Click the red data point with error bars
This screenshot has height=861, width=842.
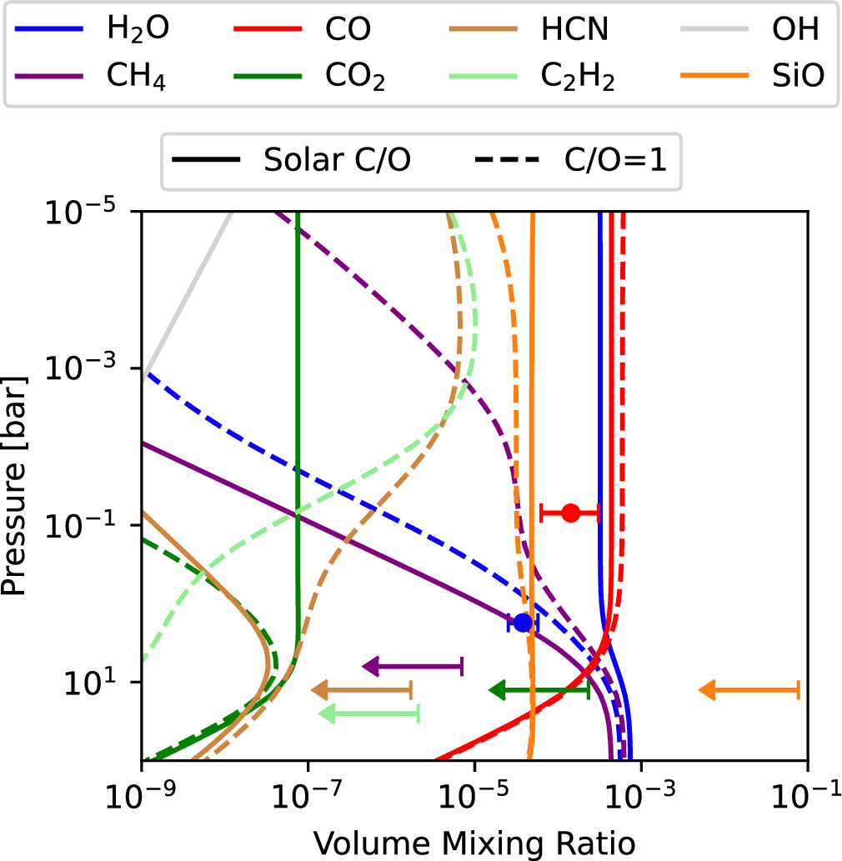tap(570, 513)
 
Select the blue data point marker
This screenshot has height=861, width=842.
tap(523, 623)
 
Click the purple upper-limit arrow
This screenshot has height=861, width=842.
tap(412, 666)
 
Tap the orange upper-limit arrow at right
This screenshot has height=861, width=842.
tap(749, 689)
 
